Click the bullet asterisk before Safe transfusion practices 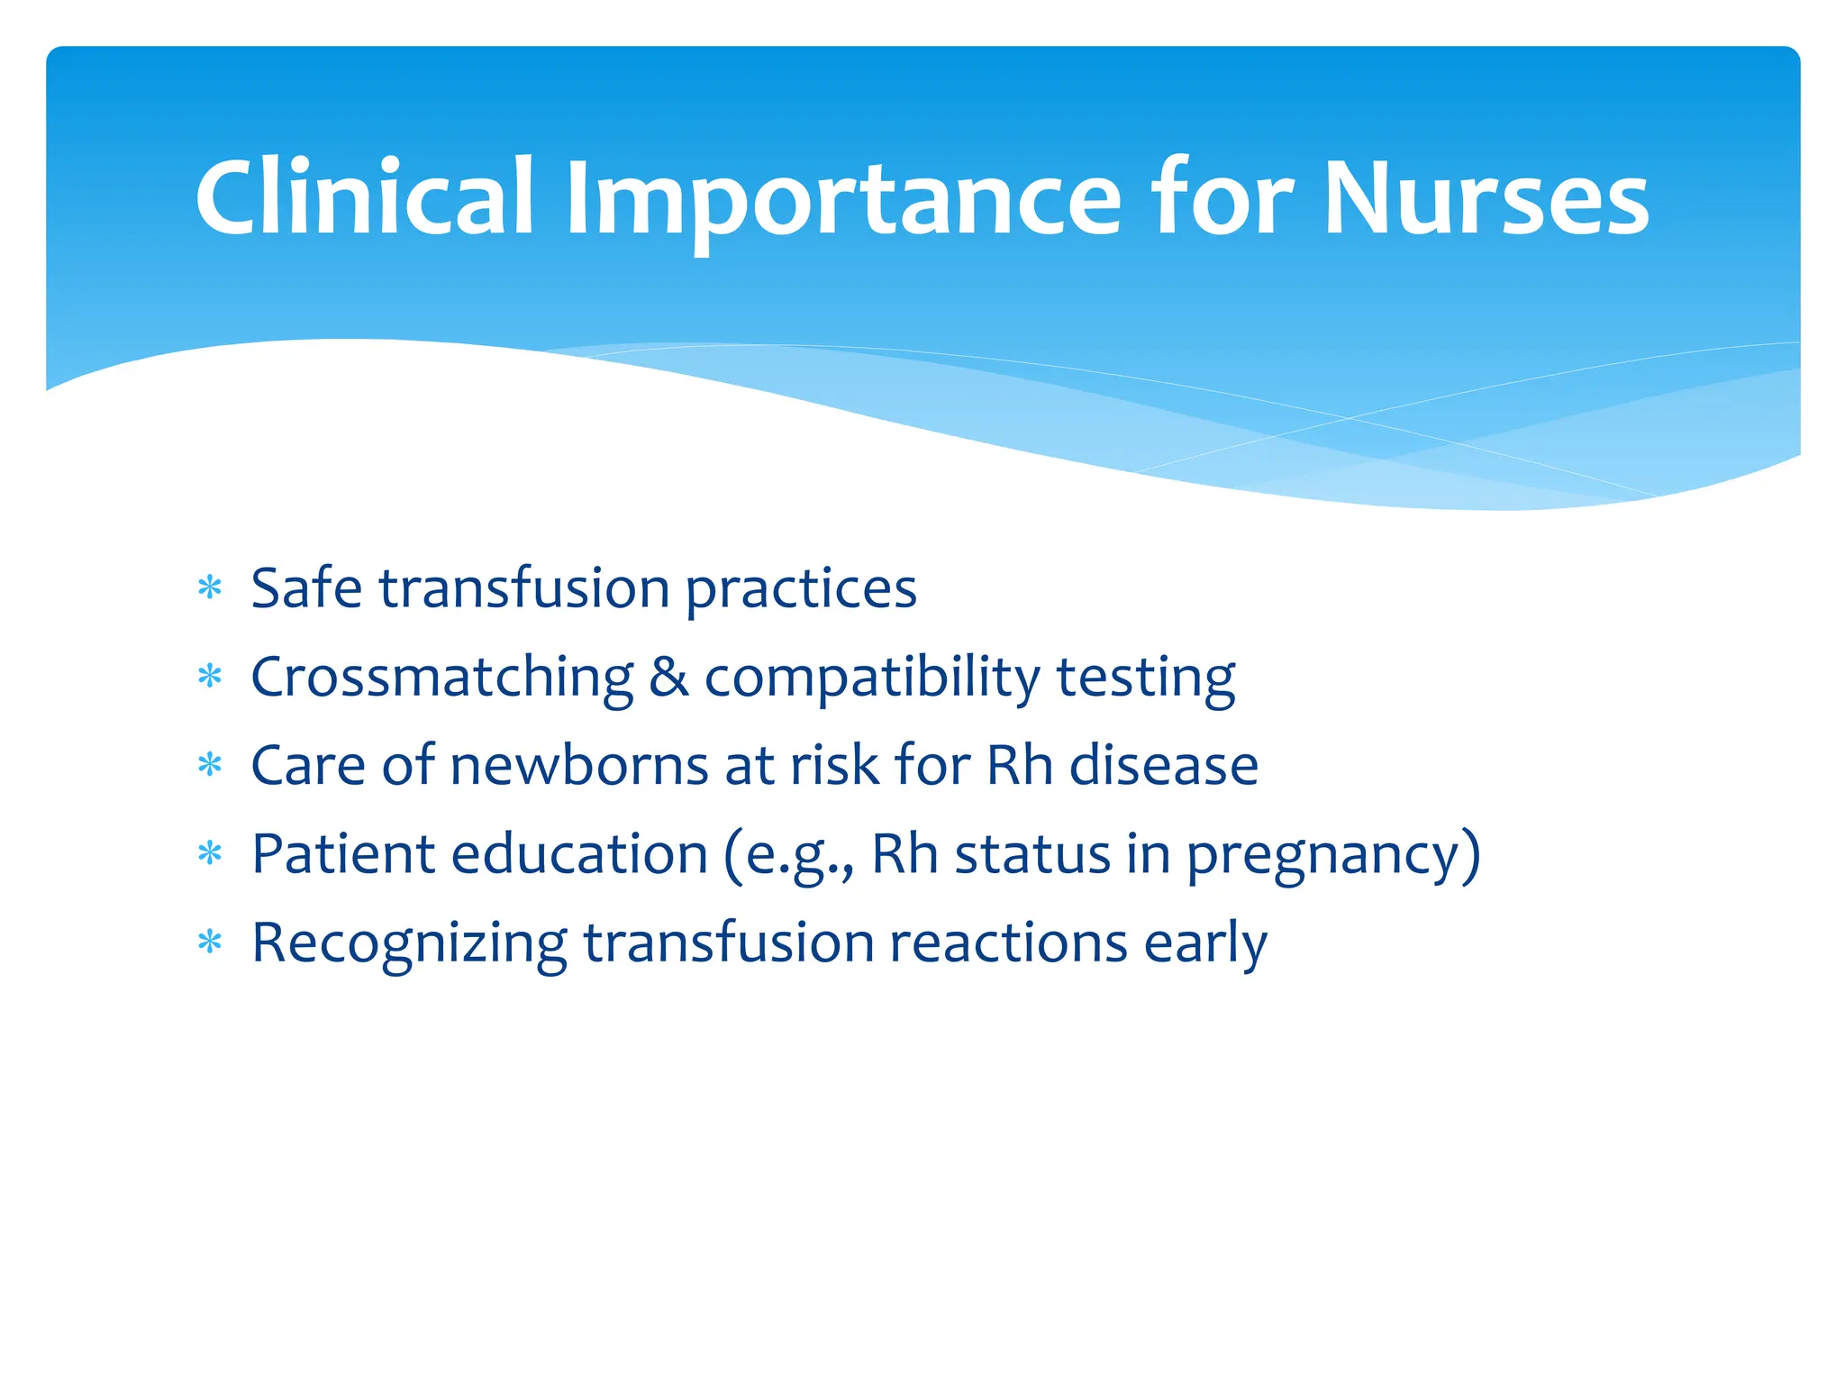click(x=210, y=588)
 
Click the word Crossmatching click(x=442, y=678)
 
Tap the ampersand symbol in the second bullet click(x=668, y=678)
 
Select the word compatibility click(x=872, y=678)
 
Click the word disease click(x=1163, y=766)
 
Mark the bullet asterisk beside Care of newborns click(x=210, y=766)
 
